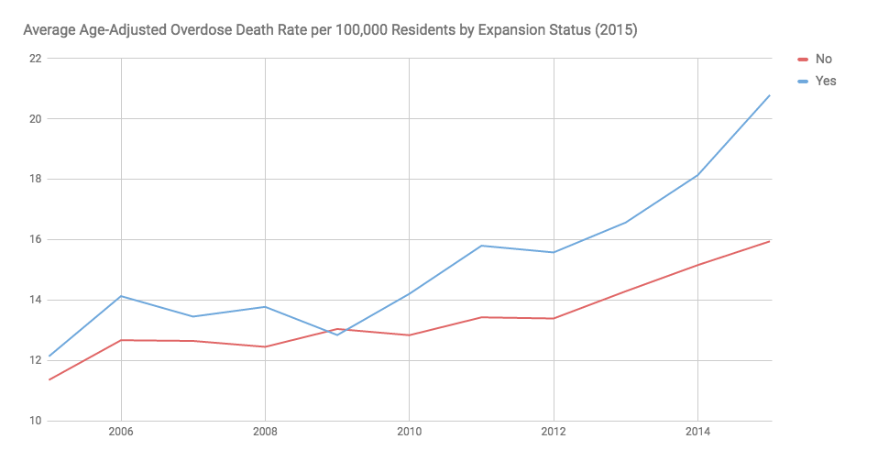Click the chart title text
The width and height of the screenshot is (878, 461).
click(330, 30)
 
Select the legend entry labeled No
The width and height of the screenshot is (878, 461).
click(823, 59)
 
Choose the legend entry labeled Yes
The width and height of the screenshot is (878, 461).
click(825, 81)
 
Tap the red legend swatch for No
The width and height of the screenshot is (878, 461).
click(804, 59)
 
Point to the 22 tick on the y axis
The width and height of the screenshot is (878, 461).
click(35, 59)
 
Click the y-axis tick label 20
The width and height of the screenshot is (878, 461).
click(35, 119)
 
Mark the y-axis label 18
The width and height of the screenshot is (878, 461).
click(35, 180)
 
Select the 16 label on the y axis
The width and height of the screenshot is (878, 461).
click(35, 240)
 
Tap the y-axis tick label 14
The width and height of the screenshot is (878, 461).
click(35, 301)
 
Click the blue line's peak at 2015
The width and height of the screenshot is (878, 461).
click(770, 95)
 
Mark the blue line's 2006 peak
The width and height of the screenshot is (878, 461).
click(120, 296)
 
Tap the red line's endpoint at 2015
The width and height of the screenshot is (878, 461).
click(770, 241)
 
